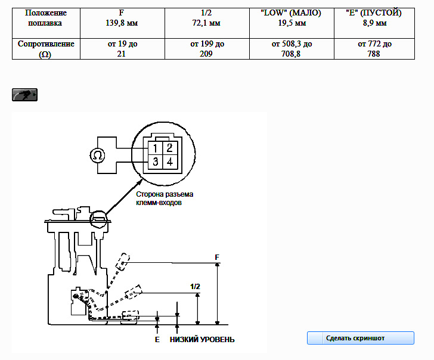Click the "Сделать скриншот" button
click(360, 338)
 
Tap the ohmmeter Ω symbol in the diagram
click(97, 156)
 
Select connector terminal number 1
click(155, 148)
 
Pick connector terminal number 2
click(170, 148)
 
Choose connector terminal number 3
click(155, 162)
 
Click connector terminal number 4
click(170, 162)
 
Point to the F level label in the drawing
click(217, 257)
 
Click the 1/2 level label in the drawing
click(195, 287)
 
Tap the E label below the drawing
click(157, 340)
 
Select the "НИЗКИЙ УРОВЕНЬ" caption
click(202, 340)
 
